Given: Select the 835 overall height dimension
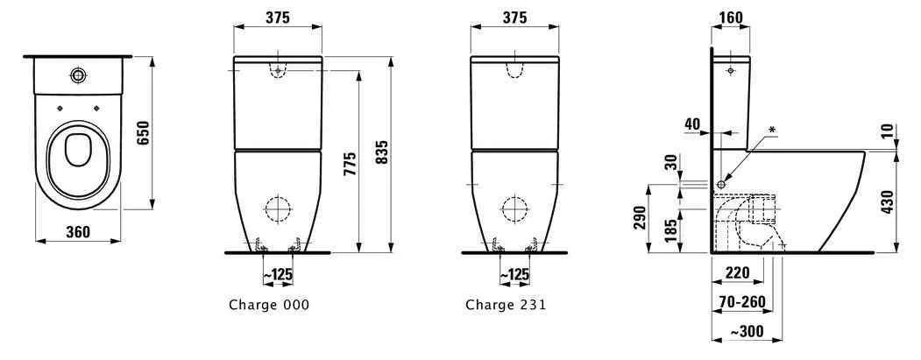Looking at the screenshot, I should coord(381,155).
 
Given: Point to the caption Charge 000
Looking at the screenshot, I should coord(269,305).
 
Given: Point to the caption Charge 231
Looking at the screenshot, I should coord(506,305).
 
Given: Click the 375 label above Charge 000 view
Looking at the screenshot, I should coord(278,18).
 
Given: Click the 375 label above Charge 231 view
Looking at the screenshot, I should coord(514,18).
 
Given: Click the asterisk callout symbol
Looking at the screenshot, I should coord(772,131).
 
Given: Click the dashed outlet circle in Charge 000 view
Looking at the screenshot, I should coord(277,209).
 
